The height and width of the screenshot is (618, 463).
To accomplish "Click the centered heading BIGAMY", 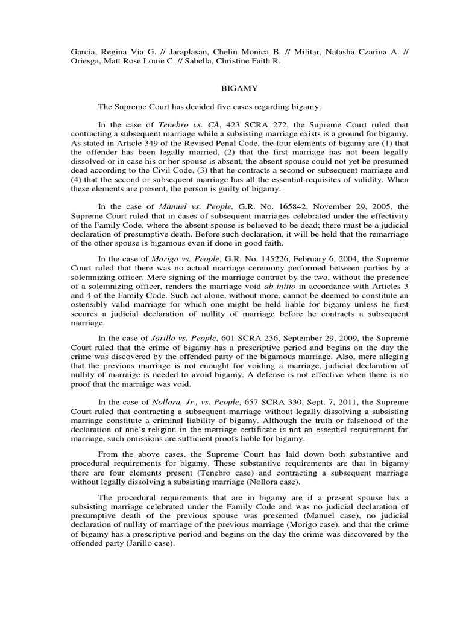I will [239, 88].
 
